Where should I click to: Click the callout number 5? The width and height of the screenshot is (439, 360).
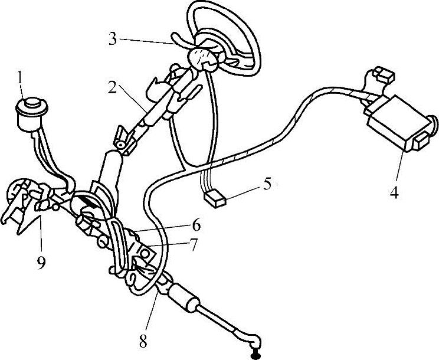tap(268, 184)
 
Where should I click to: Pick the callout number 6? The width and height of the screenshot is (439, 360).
tap(196, 225)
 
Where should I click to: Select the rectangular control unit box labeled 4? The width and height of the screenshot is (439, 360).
tap(397, 121)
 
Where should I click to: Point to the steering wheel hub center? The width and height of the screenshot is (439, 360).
tap(204, 58)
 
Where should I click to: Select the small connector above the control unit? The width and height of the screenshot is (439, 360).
tap(384, 75)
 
